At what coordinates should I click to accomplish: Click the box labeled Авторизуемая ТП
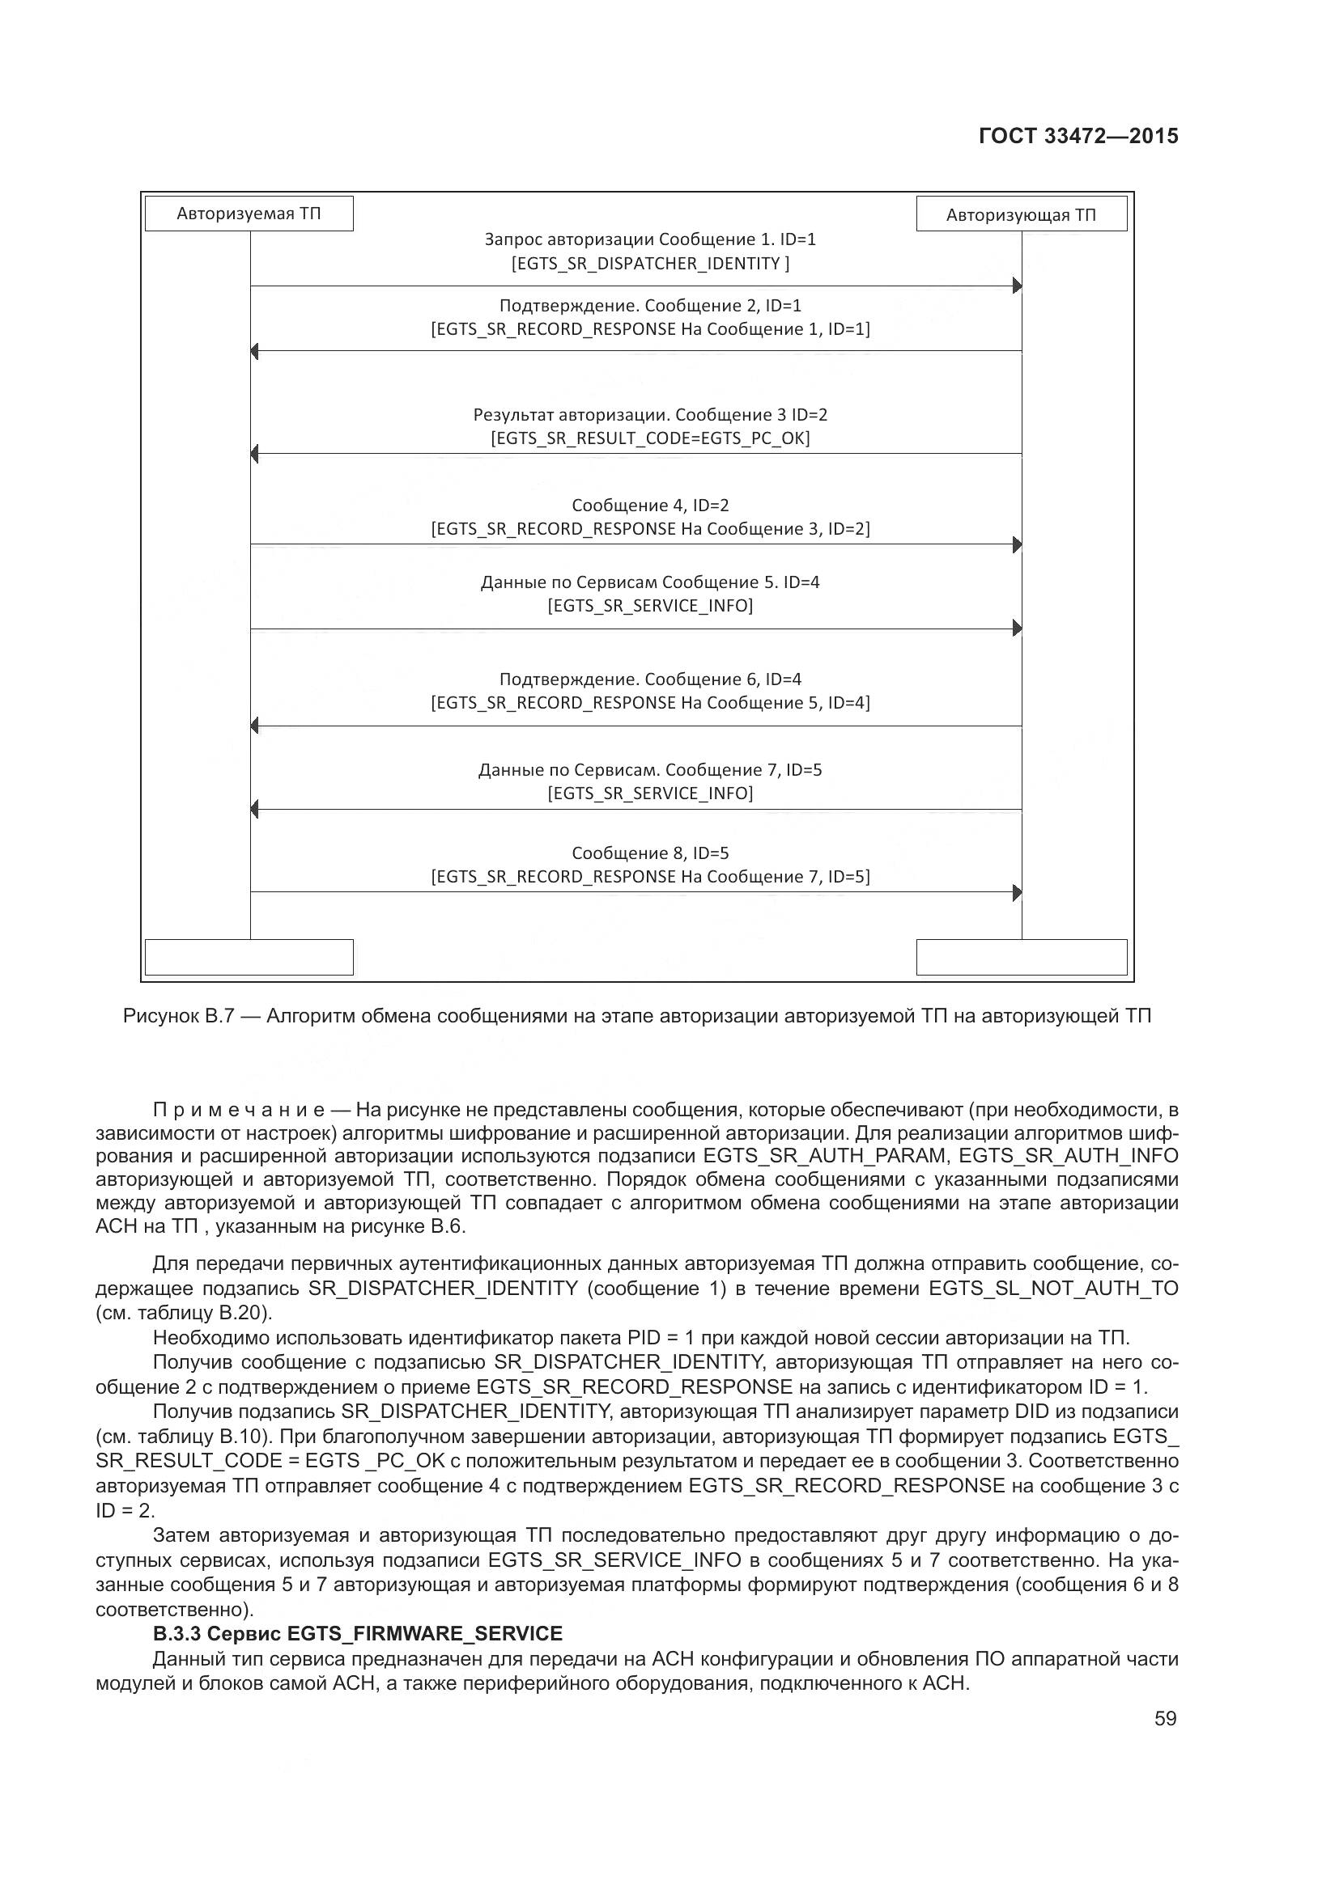pyautogui.click(x=249, y=214)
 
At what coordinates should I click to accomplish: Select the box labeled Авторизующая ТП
pyautogui.click(x=1021, y=215)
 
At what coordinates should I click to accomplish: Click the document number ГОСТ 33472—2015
pyautogui.click(x=1078, y=136)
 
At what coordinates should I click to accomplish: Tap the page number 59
pyautogui.click(x=1165, y=1718)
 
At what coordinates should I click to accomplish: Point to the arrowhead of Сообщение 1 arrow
pyautogui.click(x=1017, y=286)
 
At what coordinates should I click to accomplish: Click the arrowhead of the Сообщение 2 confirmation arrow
pyautogui.click(x=255, y=352)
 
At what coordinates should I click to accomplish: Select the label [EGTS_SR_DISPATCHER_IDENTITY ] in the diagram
pyautogui.click(x=650, y=264)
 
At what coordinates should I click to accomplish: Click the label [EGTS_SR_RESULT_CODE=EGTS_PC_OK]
pyautogui.click(x=650, y=438)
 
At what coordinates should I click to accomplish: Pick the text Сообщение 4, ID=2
pyautogui.click(x=650, y=505)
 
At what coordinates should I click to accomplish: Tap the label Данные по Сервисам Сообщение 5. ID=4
pyautogui.click(x=650, y=582)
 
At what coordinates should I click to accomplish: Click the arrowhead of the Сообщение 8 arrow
pyautogui.click(x=1017, y=892)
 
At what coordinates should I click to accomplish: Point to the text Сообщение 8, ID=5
pyautogui.click(x=650, y=853)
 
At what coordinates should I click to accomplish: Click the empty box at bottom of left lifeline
pyautogui.click(x=249, y=958)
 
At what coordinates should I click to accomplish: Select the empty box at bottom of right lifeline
pyautogui.click(x=1021, y=958)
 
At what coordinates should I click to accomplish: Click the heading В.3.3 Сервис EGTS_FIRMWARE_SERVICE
pyautogui.click(x=357, y=1633)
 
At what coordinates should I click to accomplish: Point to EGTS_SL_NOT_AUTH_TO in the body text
pyautogui.click(x=1053, y=1288)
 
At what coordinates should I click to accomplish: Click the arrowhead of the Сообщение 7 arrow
pyautogui.click(x=255, y=810)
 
